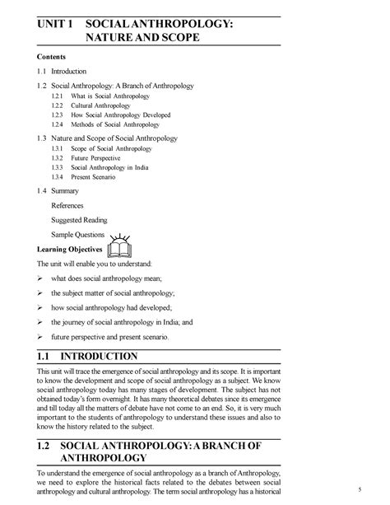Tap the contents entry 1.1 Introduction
pyautogui.click(x=63, y=71)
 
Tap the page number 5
pyautogui.click(x=359, y=491)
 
